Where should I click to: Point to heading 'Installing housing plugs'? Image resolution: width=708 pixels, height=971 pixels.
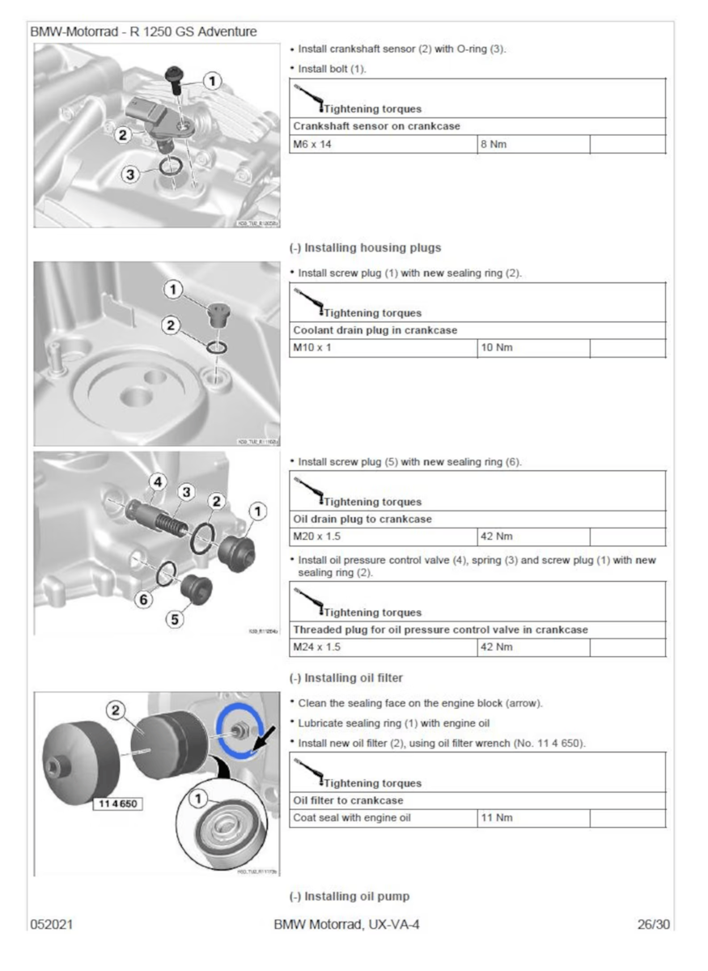365,247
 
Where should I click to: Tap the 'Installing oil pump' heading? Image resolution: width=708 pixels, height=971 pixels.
350,896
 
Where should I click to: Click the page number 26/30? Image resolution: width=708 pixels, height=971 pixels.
652,923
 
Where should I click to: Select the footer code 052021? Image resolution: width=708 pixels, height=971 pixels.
53,923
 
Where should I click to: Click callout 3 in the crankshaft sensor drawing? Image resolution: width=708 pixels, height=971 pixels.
129,174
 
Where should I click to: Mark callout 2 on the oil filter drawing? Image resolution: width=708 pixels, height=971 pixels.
117,710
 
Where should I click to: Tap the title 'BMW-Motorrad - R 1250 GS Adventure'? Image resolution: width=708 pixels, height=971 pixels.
144,32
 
